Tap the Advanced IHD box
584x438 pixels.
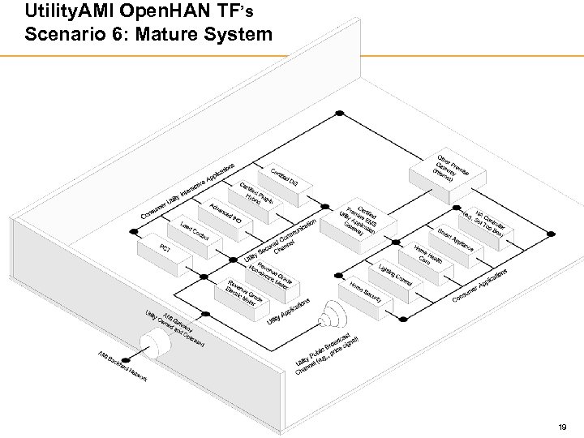coord(225,213)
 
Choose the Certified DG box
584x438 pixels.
coord(284,176)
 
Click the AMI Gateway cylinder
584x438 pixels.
coord(162,345)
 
